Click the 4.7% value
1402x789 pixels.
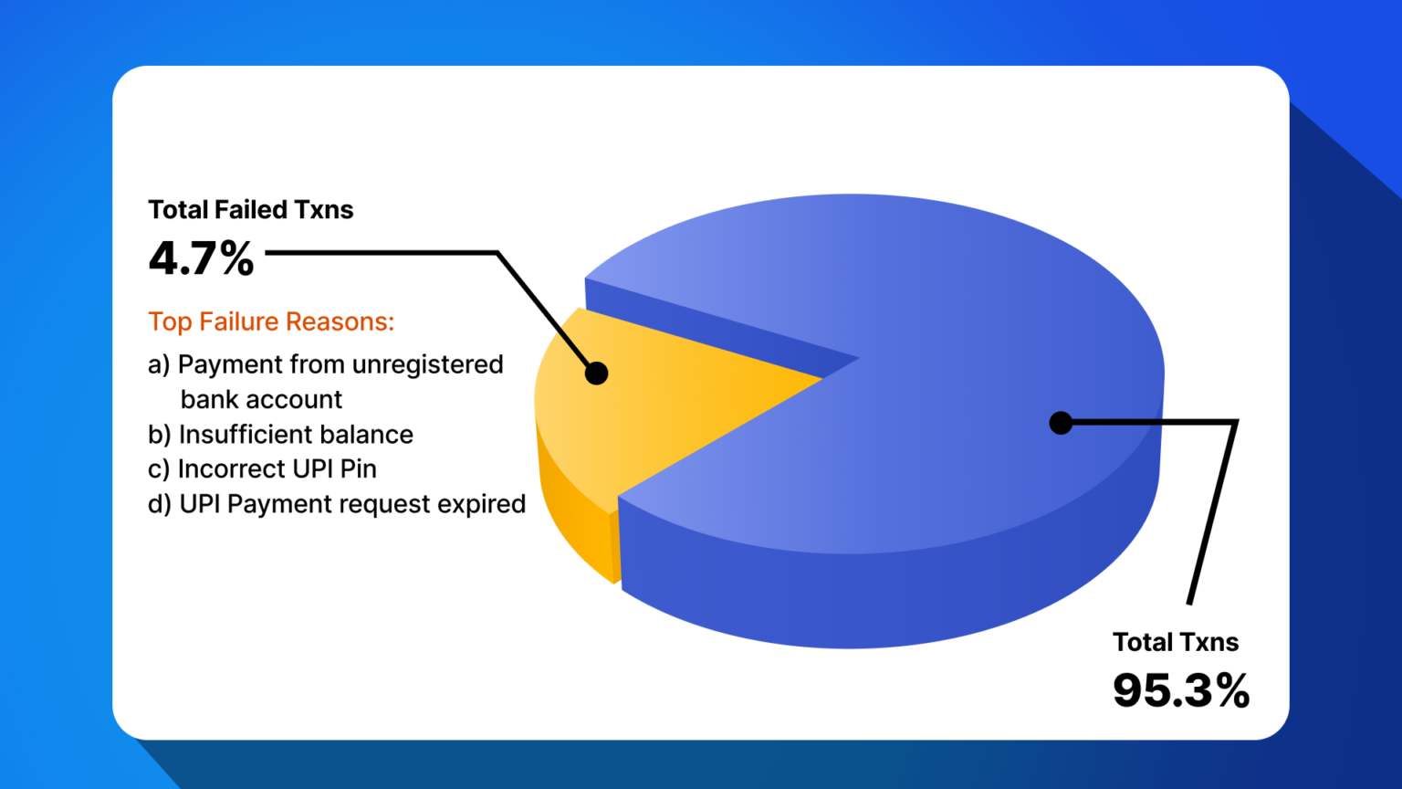tap(201, 258)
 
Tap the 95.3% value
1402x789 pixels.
tap(1180, 690)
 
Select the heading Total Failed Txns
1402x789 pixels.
tap(250, 210)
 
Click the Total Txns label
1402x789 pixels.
tap(1175, 642)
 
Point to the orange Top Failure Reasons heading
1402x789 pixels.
tap(271, 321)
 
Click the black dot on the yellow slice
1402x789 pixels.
tap(596, 373)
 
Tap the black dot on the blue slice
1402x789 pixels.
tap(1061, 423)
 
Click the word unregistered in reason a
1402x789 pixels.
tap(427, 364)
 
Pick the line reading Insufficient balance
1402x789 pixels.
tap(295, 435)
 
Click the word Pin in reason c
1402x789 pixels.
tap(358, 469)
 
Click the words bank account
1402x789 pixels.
tap(261, 400)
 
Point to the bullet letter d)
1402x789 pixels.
tap(160, 504)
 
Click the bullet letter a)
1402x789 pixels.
tap(159, 364)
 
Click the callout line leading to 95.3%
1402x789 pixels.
tap(1214, 511)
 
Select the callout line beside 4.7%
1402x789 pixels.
tap(383, 253)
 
